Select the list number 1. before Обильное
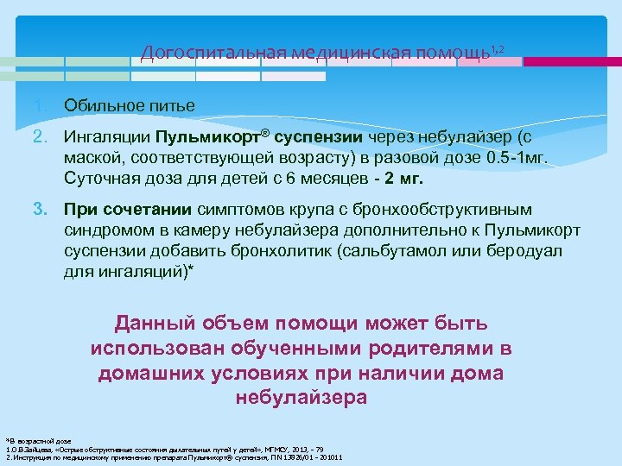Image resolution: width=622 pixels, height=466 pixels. tap(41, 105)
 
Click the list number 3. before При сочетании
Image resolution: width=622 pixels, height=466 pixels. tap(41, 210)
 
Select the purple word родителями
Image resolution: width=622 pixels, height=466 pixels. tap(425, 349)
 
